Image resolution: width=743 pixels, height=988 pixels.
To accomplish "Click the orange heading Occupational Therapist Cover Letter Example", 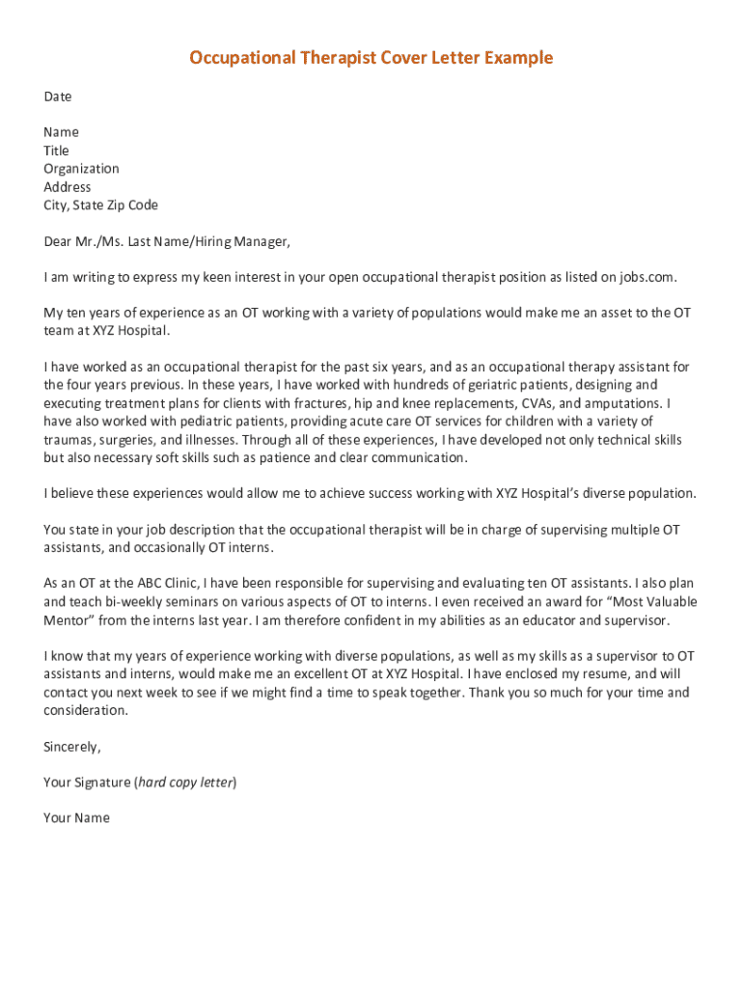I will click(x=371, y=58).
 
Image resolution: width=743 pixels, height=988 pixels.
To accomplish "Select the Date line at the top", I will click(x=58, y=96).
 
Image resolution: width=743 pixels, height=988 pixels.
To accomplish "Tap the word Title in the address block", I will click(x=56, y=151).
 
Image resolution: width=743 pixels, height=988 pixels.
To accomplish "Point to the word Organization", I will click(x=81, y=169).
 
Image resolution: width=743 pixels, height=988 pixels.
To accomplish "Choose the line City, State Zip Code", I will click(x=100, y=206).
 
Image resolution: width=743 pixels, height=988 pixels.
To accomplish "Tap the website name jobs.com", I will click(x=647, y=278).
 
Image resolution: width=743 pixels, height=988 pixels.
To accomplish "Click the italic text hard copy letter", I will click(x=186, y=782).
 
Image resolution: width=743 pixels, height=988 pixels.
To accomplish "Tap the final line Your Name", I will click(x=76, y=818).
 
